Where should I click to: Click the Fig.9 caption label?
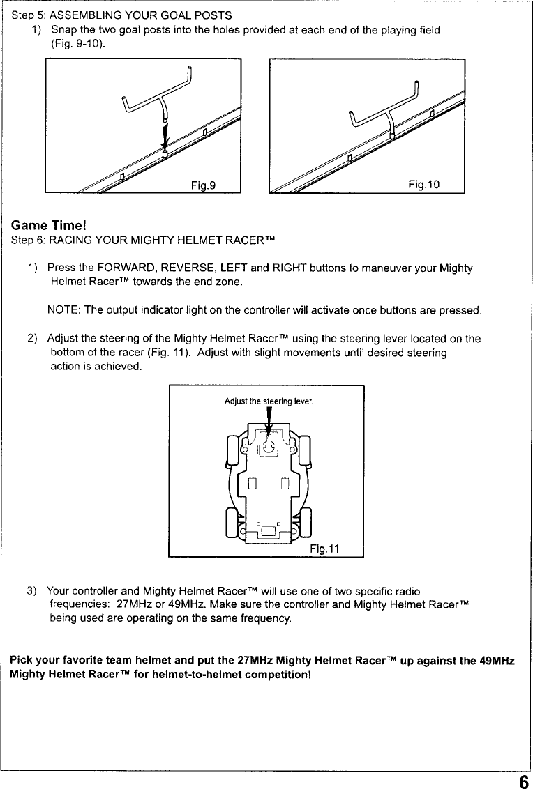pos(204,185)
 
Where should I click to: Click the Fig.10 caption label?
pos(424,184)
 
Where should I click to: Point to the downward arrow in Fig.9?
pos(165,132)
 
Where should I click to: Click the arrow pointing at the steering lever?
pos(269,422)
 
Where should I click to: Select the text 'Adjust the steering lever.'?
pos(269,401)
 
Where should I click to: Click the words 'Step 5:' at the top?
pos(29,15)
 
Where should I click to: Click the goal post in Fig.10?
pos(384,112)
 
